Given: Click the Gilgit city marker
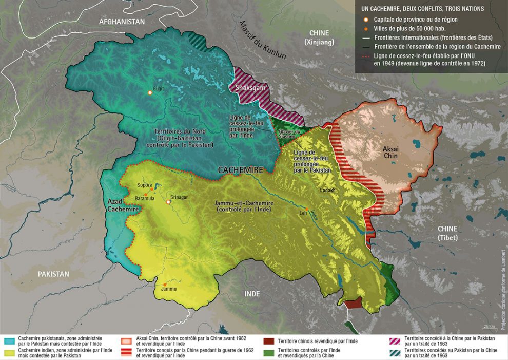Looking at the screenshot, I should pyautogui.click(x=150, y=92).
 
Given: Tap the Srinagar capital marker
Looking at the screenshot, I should pyautogui.click(x=168, y=202).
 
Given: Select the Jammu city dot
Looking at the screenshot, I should pyautogui.click(x=164, y=284).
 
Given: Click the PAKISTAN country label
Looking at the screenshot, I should pyautogui.click(x=53, y=274).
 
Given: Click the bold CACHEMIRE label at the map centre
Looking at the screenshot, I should pyautogui.click(x=240, y=169).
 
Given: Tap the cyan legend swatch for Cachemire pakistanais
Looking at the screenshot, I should pyautogui.click(x=9, y=339).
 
